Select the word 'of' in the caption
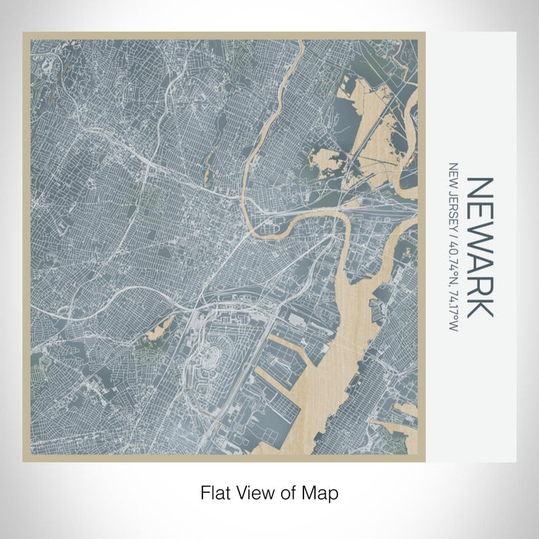290,491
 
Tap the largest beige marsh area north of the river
377,131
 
